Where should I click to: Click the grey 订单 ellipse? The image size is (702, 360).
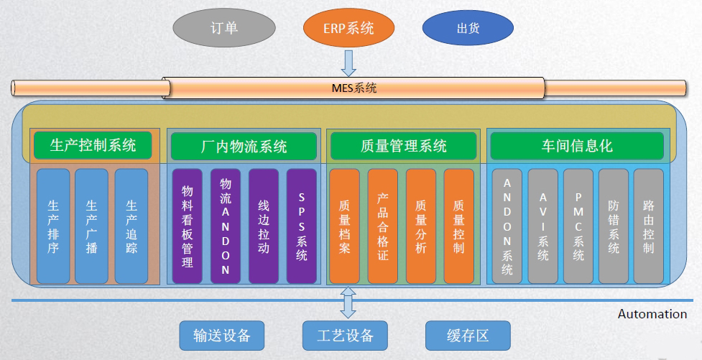pyautogui.click(x=223, y=29)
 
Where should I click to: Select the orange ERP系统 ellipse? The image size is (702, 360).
pyautogui.click(x=348, y=29)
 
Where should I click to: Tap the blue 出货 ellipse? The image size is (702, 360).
pyautogui.click(x=468, y=29)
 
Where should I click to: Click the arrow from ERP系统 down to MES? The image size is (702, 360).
pyautogui.click(x=348, y=63)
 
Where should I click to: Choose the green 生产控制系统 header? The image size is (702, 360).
pyautogui.click(x=93, y=145)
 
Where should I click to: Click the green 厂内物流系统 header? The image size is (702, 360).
pyautogui.click(x=244, y=147)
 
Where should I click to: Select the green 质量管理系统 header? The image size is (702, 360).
pyautogui.click(x=403, y=147)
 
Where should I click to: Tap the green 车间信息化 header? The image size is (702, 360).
pyautogui.click(x=577, y=146)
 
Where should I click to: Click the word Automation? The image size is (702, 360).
pyautogui.click(x=652, y=314)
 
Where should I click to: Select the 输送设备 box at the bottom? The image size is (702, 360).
pyautogui.click(x=222, y=336)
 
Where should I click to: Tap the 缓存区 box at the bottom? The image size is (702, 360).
pyautogui.click(x=468, y=336)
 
